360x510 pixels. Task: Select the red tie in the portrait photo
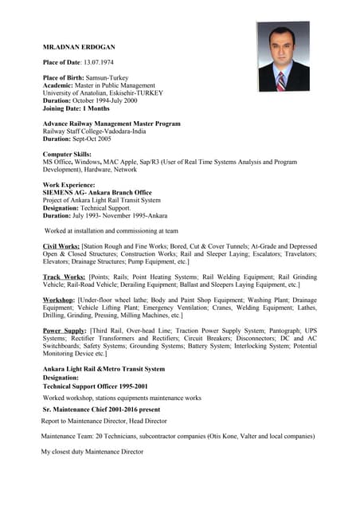coord(280,80)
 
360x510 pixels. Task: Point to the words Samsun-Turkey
coord(109,77)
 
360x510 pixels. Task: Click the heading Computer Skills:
coord(67,154)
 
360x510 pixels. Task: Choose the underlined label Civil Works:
coord(61,247)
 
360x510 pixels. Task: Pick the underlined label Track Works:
coord(62,277)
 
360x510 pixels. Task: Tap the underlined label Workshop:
coord(60,300)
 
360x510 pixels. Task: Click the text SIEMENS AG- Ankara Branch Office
coord(96,193)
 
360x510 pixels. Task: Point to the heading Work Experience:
coord(68,185)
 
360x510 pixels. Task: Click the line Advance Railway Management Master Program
coord(112,124)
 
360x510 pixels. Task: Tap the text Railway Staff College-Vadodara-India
coord(99,131)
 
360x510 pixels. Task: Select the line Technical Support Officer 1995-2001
coord(95,386)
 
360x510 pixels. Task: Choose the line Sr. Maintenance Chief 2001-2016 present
coord(100,409)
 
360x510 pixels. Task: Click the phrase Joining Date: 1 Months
coord(76,108)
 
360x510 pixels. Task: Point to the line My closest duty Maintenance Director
coord(92,452)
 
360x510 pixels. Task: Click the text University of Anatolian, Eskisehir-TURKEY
coord(103,92)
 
